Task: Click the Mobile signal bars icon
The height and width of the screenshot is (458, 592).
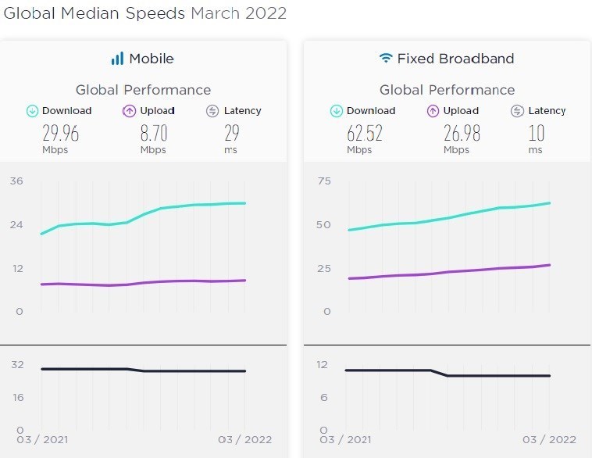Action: pyautogui.click(x=117, y=59)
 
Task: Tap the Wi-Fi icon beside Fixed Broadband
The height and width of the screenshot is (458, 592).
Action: pyautogui.click(x=385, y=59)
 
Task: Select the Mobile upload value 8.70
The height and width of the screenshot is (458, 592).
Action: pyautogui.click(x=154, y=134)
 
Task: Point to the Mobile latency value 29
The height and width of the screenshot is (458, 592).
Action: pyautogui.click(x=232, y=134)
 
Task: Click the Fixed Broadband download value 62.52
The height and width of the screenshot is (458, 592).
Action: pyautogui.click(x=364, y=134)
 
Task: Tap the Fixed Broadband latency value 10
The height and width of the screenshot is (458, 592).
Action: pyautogui.click(x=536, y=134)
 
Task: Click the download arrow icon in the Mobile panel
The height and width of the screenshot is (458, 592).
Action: pyautogui.click(x=32, y=111)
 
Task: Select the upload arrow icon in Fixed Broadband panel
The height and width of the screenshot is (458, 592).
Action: pyautogui.click(x=433, y=111)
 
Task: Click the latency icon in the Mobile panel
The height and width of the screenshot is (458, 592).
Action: pyautogui.click(x=212, y=111)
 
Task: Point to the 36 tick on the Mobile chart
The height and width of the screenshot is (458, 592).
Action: pyautogui.click(x=16, y=181)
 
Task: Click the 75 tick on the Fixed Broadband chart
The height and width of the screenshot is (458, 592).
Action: pyautogui.click(x=324, y=181)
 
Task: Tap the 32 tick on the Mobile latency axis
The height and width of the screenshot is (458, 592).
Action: pyautogui.click(x=17, y=364)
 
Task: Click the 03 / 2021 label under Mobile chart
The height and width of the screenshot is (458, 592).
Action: pyautogui.click(x=43, y=439)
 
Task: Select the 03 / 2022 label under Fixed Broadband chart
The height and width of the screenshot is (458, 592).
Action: pyautogui.click(x=550, y=439)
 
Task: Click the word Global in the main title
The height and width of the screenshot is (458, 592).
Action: pyautogui.click(x=27, y=13)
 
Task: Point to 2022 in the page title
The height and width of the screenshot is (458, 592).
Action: pyautogui.click(x=265, y=13)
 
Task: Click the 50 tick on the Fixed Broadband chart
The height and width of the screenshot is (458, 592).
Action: pyautogui.click(x=324, y=225)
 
